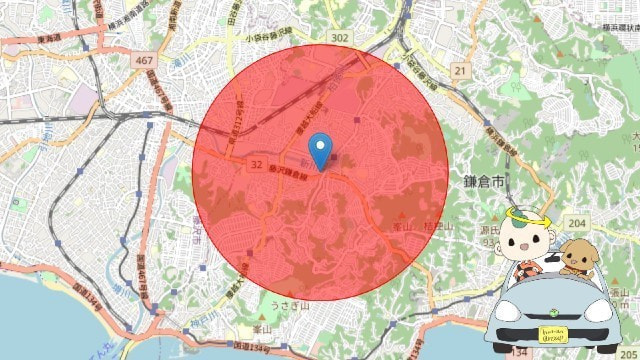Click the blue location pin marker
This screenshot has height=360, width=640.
pyautogui.click(x=320, y=149)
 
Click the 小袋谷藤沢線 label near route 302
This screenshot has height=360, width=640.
pyautogui.click(x=270, y=39)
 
